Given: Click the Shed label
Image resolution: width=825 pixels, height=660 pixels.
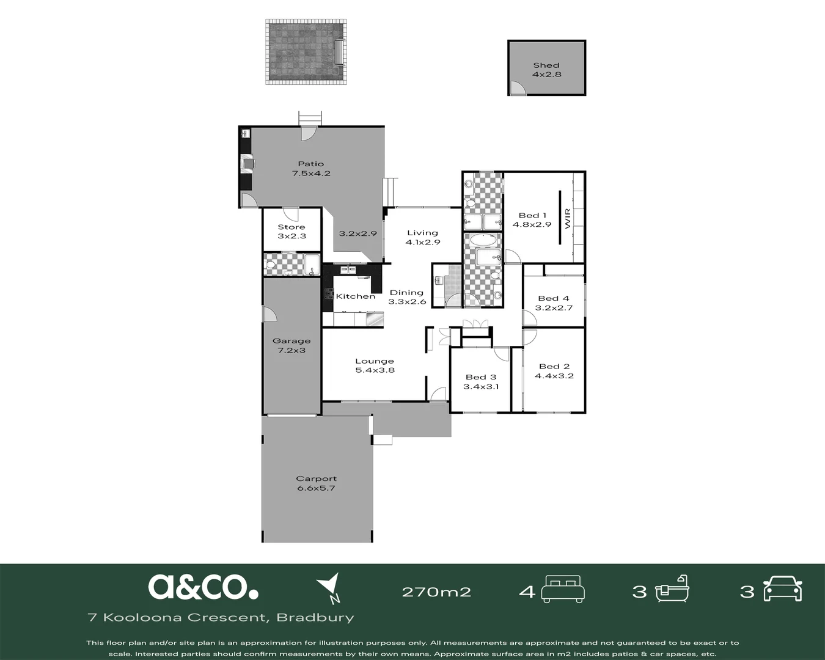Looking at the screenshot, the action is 546,70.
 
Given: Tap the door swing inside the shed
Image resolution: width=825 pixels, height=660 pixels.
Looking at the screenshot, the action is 517,88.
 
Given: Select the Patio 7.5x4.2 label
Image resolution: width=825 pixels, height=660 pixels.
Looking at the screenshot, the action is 311,168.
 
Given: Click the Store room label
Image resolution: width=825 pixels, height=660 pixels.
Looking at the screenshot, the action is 291,232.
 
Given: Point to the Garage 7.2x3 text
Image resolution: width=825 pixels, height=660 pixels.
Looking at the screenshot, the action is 291,345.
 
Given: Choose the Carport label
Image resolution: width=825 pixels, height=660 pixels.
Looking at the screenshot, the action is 317,483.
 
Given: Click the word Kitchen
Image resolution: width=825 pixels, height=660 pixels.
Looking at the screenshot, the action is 356,296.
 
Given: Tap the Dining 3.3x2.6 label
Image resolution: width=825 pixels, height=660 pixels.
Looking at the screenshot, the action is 407,297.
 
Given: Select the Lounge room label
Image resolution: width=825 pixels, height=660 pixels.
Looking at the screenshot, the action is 375,365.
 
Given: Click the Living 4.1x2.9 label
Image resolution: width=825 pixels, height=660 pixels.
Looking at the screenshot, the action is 422,237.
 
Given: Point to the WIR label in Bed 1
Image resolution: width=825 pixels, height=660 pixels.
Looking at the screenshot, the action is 568,219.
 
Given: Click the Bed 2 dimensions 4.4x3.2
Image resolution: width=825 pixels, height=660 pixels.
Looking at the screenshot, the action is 554,376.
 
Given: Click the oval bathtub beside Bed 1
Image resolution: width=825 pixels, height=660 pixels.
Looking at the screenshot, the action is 483,240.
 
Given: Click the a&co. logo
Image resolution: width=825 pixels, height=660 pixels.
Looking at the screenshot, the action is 203,587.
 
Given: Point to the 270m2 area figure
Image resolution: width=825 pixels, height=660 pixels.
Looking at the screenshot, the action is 436,592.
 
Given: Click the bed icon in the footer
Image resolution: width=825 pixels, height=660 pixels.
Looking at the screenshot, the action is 563,589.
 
